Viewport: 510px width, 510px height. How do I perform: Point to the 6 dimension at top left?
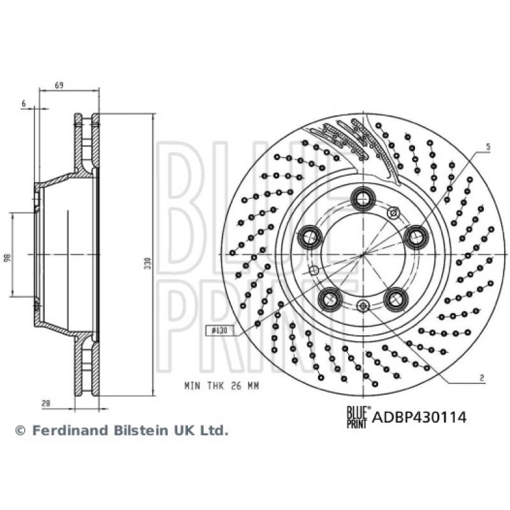tap(24, 103)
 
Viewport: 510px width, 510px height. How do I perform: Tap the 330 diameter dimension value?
tap(148, 261)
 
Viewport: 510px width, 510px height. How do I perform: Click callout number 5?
tap(488, 147)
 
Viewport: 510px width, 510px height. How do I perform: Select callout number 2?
tap(482, 377)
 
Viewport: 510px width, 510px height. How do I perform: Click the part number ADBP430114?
tap(419, 418)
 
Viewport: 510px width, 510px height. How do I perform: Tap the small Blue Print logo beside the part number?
tap(356, 418)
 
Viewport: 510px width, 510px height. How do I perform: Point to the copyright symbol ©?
tap(20, 431)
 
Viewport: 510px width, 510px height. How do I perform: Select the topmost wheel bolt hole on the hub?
tap(363, 198)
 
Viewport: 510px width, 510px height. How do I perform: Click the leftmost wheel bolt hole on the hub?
tap(310, 237)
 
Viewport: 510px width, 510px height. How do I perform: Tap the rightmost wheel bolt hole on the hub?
tap(416, 237)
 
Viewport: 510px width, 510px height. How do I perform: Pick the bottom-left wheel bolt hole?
tap(330, 298)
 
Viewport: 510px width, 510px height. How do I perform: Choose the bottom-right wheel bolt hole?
tap(396, 298)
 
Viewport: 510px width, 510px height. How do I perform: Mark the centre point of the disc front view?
tap(363, 254)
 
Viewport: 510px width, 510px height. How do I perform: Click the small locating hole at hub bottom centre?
tap(363, 307)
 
